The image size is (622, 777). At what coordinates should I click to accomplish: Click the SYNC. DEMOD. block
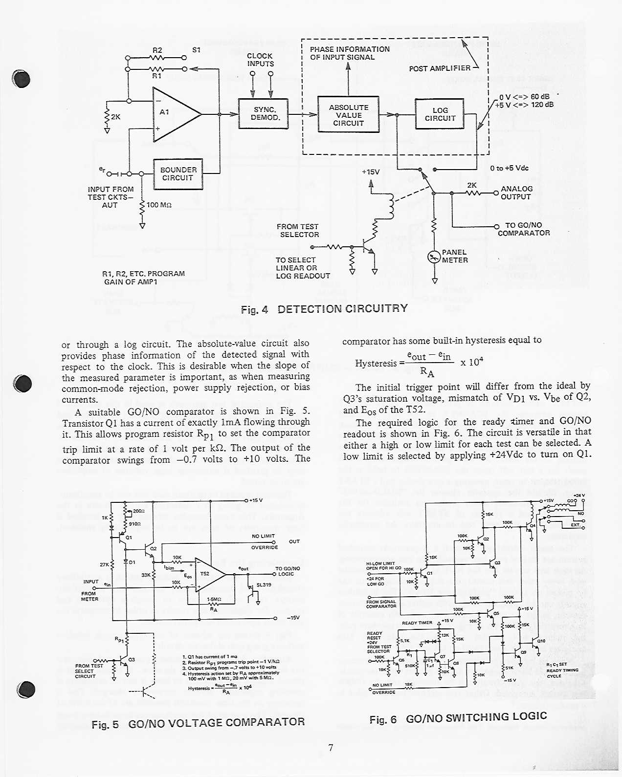[x=263, y=113]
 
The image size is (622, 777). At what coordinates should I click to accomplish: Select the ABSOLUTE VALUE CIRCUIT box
[x=348, y=115]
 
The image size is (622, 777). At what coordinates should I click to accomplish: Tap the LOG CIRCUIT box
[x=440, y=114]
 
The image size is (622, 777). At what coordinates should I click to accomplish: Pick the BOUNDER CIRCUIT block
[x=178, y=174]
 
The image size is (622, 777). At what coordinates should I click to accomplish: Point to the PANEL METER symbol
[x=434, y=257]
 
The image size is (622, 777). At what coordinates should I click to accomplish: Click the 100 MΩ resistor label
[x=159, y=205]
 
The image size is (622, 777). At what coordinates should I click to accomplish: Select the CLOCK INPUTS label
[x=260, y=60]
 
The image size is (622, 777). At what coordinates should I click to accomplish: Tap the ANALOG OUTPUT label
[x=516, y=193]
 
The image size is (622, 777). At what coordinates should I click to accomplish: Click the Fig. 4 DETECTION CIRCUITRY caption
[x=324, y=309]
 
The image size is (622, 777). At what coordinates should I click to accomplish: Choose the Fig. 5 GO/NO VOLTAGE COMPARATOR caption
[x=198, y=723]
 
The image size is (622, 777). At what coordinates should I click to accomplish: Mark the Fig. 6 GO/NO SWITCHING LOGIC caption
[x=458, y=718]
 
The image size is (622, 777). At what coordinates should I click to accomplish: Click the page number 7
[x=331, y=748]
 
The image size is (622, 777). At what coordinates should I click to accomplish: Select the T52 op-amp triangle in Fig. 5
[x=208, y=575]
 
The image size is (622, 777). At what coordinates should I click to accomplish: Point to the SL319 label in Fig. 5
[x=264, y=585]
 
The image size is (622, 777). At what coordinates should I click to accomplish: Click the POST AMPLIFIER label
[x=440, y=68]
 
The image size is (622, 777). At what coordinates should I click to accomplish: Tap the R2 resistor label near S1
[x=157, y=50]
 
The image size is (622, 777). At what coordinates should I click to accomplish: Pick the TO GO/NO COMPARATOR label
[x=524, y=229]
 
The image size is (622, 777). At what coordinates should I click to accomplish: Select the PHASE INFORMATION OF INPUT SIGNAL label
[x=350, y=53]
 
